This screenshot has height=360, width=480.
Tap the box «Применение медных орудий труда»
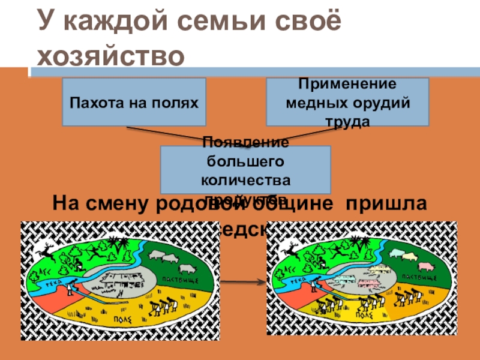point(347,101)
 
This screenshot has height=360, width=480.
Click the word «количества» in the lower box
point(247,179)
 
